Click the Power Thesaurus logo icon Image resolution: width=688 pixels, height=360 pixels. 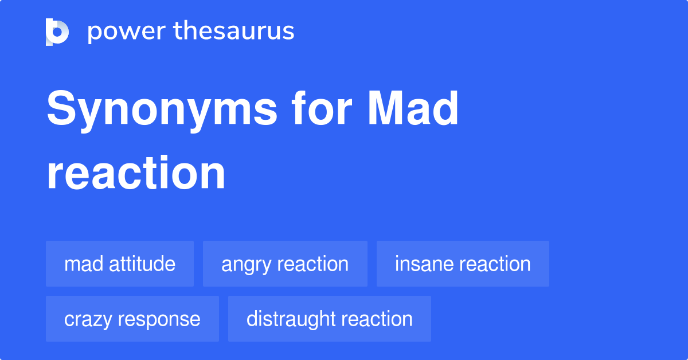point(57,32)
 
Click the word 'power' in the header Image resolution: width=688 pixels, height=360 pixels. point(122,32)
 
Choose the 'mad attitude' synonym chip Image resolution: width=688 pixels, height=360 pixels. point(120,264)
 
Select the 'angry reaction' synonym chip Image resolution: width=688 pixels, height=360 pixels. point(285,264)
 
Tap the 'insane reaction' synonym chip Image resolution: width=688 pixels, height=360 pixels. point(463,264)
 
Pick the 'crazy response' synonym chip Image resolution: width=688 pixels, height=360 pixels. point(132,319)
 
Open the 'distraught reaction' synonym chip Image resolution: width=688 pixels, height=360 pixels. point(330,319)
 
